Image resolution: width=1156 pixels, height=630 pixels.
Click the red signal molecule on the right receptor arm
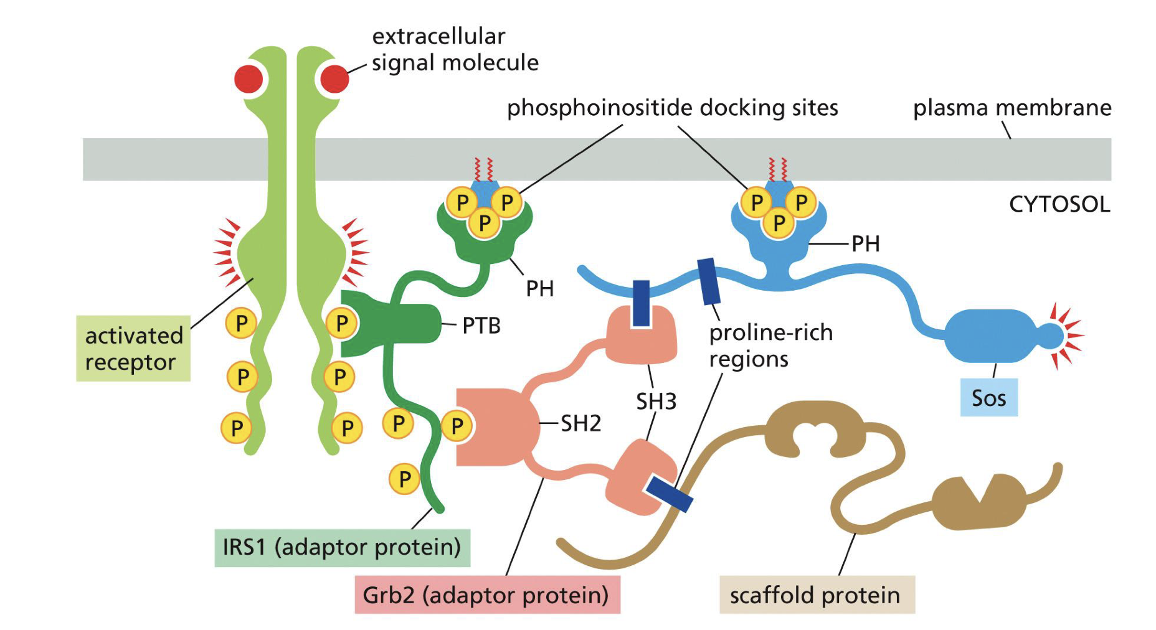(x=335, y=79)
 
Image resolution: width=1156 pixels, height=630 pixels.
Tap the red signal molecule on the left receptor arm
(x=249, y=79)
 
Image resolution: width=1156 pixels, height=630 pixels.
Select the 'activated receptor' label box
(x=133, y=348)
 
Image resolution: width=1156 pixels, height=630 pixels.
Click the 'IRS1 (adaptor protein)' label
(x=342, y=547)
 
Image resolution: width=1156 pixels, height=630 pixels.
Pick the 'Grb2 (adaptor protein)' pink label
(x=486, y=595)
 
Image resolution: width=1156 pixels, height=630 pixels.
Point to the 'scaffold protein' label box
(x=816, y=595)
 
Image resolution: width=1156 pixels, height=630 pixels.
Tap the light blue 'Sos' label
(x=988, y=398)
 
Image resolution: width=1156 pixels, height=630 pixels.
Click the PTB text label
(x=481, y=326)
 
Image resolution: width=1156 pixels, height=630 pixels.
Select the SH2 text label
(x=580, y=424)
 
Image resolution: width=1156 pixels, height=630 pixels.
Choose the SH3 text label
(x=656, y=402)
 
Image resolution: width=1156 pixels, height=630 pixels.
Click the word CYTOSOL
(x=1059, y=204)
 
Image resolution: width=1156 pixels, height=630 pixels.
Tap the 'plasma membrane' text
(x=1011, y=108)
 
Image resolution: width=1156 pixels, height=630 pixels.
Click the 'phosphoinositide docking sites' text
(x=672, y=108)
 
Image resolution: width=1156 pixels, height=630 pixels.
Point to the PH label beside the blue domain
(x=866, y=244)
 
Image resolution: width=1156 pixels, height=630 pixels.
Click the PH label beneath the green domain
(x=539, y=289)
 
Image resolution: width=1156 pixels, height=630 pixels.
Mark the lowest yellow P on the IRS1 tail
(x=404, y=479)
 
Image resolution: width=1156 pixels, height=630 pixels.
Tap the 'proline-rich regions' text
(x=770, y=346)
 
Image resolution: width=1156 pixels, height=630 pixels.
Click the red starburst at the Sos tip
(x=1069, y=336)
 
